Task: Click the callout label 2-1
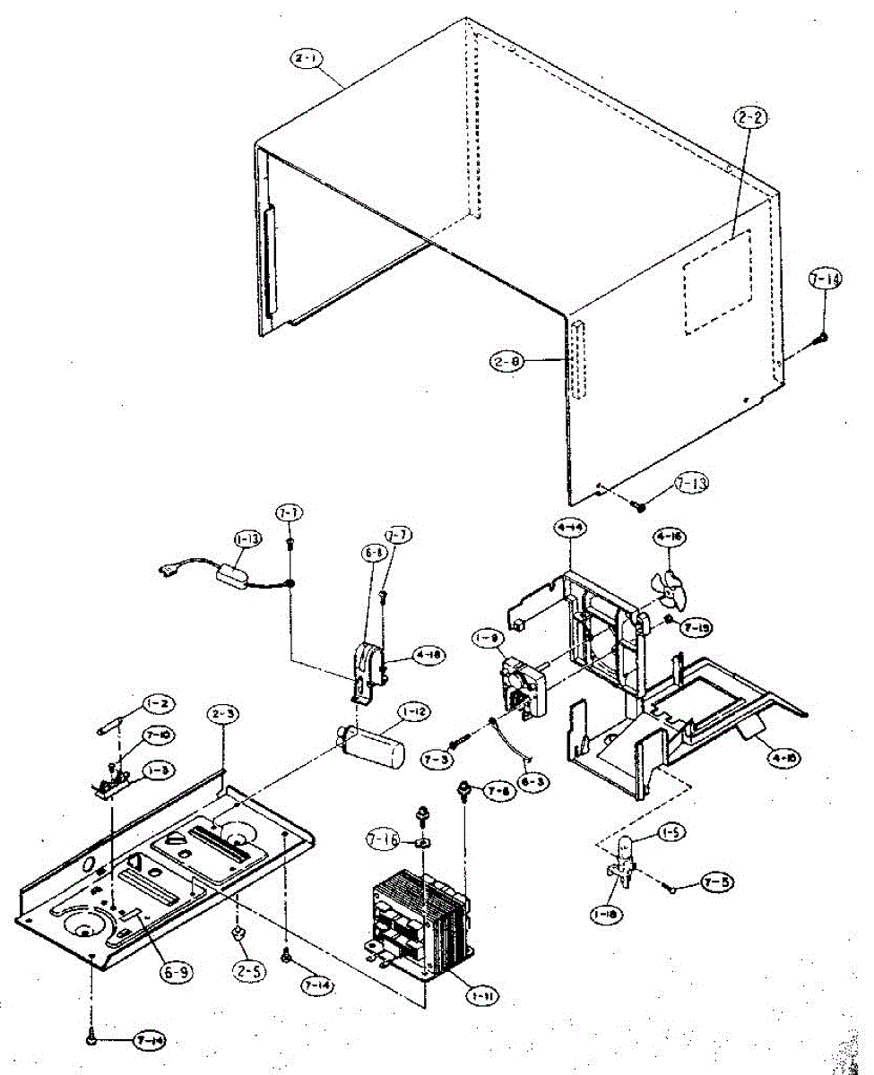tap(307, 60)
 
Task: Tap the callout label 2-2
tap(750, 117)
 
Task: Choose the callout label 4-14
tap(570, 529)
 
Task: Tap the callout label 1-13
tap(248, 539)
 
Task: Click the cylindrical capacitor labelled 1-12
tap(381, 745)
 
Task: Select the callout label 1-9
tap(487, 640)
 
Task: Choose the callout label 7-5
tap(717, 881)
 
